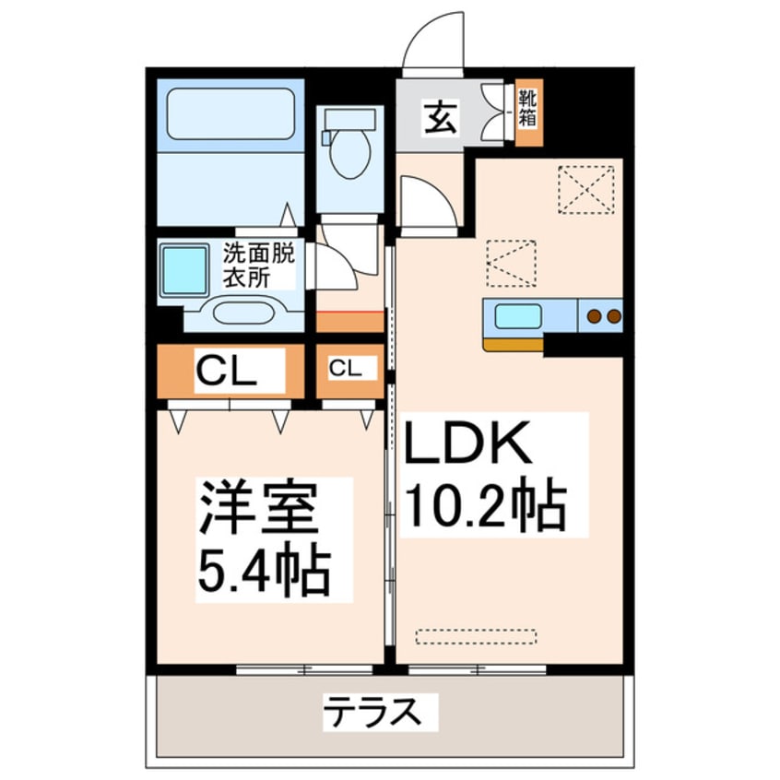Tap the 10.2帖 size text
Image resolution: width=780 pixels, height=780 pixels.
(485, 506)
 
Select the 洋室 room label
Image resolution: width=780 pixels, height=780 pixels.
(258, 509)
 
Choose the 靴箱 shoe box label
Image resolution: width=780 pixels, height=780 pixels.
(528, 109)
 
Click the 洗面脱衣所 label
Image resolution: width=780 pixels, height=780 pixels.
(259, 265)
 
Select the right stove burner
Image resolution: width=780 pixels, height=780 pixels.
(613, 316)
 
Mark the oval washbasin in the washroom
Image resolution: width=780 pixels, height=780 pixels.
(243, 311)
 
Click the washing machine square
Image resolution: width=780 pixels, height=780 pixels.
(184, 269)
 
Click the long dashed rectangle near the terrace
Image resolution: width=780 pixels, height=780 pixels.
(476, 636)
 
